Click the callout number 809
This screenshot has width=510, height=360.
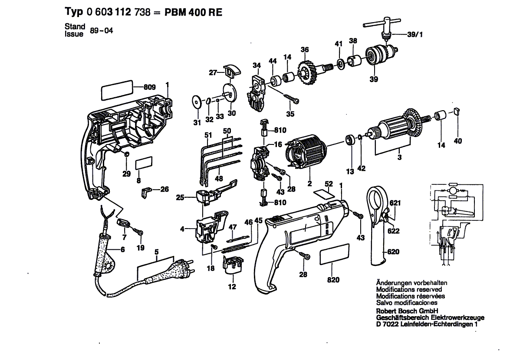click(150, 87)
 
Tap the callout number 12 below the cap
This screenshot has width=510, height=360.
click(232, 287)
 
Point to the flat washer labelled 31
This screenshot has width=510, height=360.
click(197, 101)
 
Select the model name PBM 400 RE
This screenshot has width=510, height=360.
click(193, 12)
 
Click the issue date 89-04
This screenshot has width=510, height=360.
click(102, 31)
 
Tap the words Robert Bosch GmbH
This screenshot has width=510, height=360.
click(407, 311)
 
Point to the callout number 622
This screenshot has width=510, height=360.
click(394, 231)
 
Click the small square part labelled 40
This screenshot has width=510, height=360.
click(456, 111)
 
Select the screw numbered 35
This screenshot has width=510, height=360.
click(291, 99)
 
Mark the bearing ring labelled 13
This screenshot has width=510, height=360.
click(350, 141)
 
